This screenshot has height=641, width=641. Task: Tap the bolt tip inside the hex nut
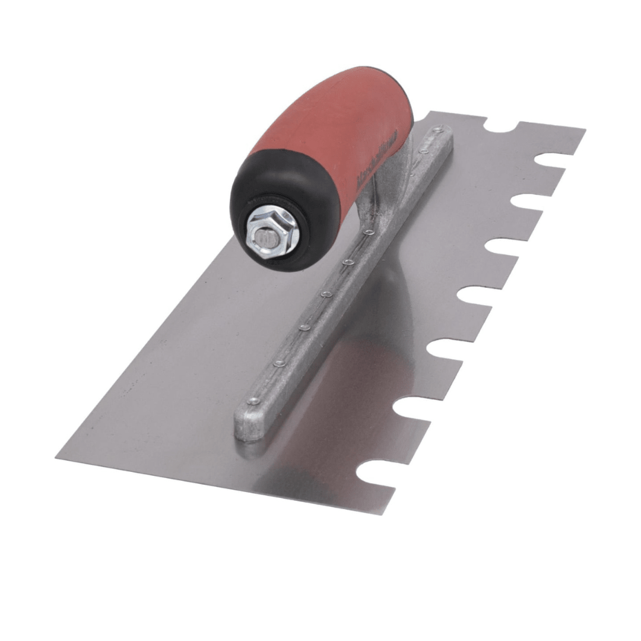click(266, 237)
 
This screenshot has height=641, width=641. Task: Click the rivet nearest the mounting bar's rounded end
click(254, 401)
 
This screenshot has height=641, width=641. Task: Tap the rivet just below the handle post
click(369, 231)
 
